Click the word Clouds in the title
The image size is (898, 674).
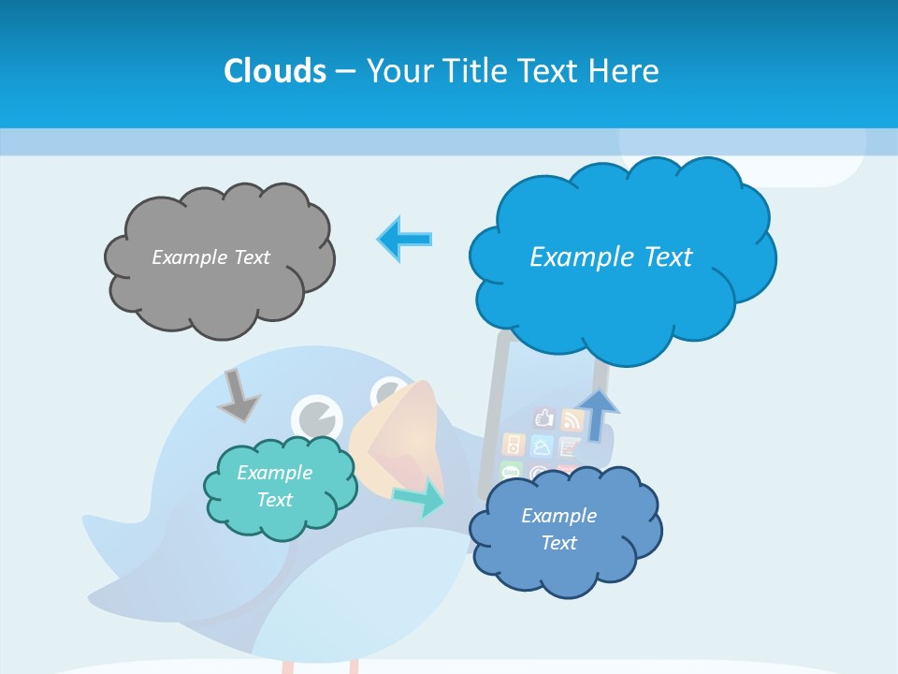pyautogui.click(x=274, y=71)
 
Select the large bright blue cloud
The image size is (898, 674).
pyautogui.click(x=622, y=300)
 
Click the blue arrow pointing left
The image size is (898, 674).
pyautogui.click(x=405, y=239)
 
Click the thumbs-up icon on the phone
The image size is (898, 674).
pyautogui.click(x=544, y=418)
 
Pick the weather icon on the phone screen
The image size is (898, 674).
pyautogui.click(x=543, y=446)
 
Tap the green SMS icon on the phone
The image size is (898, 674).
pyautogui.click(x=512, y=471)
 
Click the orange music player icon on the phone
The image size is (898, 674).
pyautogui.click(x=514, y=444)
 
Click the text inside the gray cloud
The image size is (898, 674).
pyautogui.click(x=210, y=257)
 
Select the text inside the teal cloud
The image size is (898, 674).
pyautogui.click(x=274, y=486)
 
